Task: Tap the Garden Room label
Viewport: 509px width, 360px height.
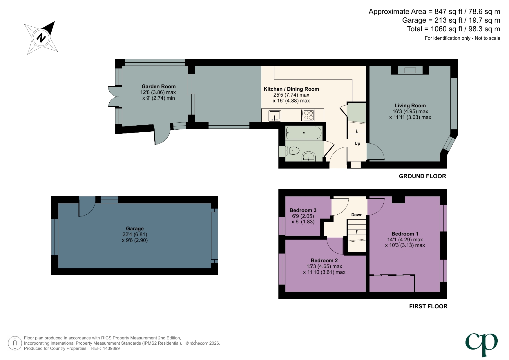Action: (x=158, y=86)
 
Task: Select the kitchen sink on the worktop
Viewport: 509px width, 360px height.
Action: (x=274, y=115)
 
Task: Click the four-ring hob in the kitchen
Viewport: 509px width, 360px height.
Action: (x=308, y=115)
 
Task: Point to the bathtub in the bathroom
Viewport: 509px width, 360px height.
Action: (x=304, y=133)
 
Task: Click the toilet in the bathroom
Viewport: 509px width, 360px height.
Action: (x=293, y=151)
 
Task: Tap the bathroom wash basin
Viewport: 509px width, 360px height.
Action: (x=309, y=157)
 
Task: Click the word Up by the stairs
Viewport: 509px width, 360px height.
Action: (x=357, y=143)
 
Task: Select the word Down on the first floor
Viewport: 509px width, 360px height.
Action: (x=357, y=215)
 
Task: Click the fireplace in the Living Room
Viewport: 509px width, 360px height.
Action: (x=410, y=70)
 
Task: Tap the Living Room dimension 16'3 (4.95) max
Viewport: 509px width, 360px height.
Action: (x=410, y=111)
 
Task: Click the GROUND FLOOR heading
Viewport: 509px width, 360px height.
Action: (x=422, y=176)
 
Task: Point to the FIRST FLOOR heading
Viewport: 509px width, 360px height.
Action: (x=428, y=306)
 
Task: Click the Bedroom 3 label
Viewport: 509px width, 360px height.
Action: (x=303, y=210)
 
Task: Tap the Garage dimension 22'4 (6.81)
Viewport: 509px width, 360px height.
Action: (x=135, y=234)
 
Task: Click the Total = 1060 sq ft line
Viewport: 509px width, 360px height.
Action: (x=453, y=29)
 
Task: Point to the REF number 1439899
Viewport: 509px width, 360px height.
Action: (x=109, y=348)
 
